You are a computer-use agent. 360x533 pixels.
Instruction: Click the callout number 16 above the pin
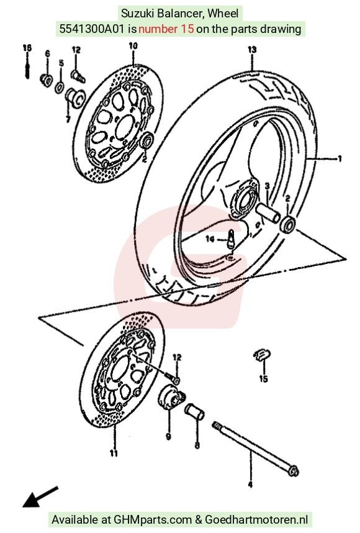(27, 48)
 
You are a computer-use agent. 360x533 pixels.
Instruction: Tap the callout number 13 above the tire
(252, 50)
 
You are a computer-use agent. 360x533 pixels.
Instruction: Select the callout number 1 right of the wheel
(339, 158)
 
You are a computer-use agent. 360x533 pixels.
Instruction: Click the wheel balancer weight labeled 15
(263, 355)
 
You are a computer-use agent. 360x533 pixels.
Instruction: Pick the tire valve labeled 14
(231, 239)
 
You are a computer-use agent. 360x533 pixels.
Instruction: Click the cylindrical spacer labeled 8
(195, 411)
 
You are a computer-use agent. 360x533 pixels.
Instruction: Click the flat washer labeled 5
(59, 87)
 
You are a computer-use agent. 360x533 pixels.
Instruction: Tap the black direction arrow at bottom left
(40, 497)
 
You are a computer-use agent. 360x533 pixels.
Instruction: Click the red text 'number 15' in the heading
(166, 29)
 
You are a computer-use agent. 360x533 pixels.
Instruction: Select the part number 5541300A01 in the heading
(92, 29)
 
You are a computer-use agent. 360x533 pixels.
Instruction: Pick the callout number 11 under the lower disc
(114, 453)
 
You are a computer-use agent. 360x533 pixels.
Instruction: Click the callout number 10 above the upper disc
(133, 45)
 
